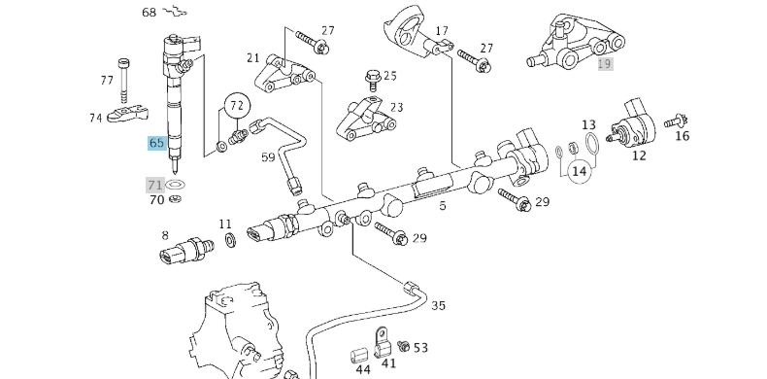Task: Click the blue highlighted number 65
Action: (x=156, y=143)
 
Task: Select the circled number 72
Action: (x=238, y=103)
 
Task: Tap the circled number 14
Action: (x=580, y=172)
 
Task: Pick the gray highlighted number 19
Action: (x=605, y=64)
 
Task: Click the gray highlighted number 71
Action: (x=155, y=185)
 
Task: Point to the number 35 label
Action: (x=438, y=305)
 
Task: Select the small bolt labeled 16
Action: (x=676, y=121)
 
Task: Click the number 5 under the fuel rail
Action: (x=442, y=206)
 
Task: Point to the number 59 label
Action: (x=268, y=155)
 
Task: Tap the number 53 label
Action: (x=420, y=347)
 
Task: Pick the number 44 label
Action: (x=362, y=369)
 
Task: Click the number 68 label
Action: (x=149, y=13)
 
